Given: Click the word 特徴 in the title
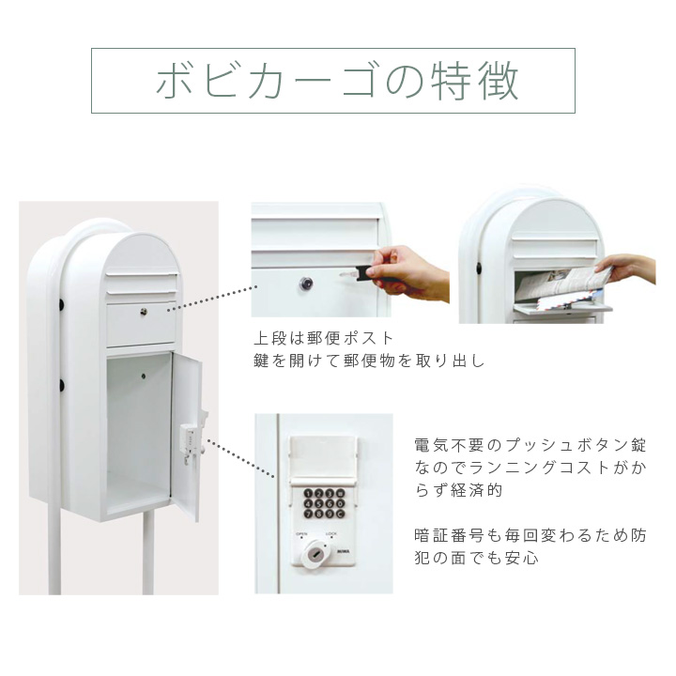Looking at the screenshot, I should [479, 81].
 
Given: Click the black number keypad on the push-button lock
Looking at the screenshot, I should [322, 504].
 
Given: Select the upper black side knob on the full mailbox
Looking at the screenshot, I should [61, 304].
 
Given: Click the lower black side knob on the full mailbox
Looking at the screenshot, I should [61, 384].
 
